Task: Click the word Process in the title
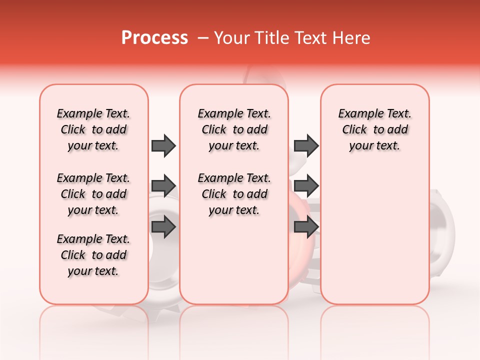coord(154,38)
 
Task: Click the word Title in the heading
coord(269,38)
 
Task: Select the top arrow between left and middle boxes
coord(163,145)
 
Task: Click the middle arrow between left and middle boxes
coord(163,186)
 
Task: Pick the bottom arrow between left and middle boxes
coord(163,226)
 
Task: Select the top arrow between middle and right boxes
coord(306,145)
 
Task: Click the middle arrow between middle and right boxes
coord(306,186)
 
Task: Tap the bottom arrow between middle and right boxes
coord(306,226)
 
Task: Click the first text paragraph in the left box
coord(93,129)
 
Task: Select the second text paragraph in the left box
coord(93,194)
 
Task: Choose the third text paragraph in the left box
coord(93,255)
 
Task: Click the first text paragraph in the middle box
coord(234,129)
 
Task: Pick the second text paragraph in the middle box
coord(234,194)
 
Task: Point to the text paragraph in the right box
coord(374,129)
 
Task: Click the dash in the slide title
coord(202,38)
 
